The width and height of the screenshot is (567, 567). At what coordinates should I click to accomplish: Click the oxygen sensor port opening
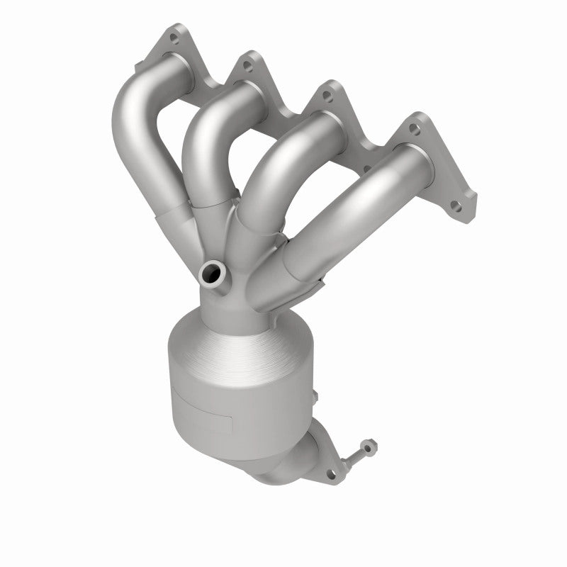coord(212,271)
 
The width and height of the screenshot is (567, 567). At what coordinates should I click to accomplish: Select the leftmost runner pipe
coord(142,142)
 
